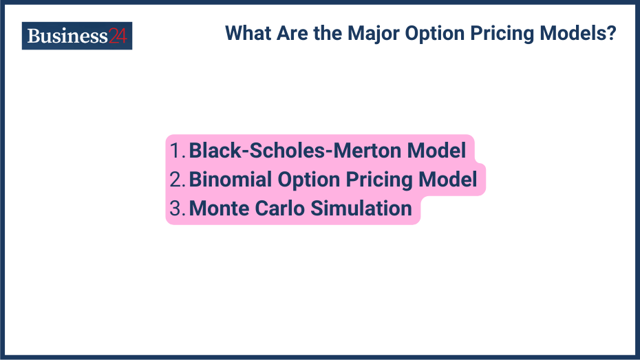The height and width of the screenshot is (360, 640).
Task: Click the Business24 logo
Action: (76, 36)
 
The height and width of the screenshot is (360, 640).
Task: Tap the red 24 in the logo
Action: (118, 36)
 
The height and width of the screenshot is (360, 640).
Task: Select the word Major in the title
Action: (375, 33)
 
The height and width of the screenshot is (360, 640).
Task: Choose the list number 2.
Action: (178, 180)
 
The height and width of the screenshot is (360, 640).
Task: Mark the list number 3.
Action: (178, 209)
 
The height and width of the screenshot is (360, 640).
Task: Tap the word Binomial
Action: (231, 180)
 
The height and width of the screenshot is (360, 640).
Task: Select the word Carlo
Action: (276, 209)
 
